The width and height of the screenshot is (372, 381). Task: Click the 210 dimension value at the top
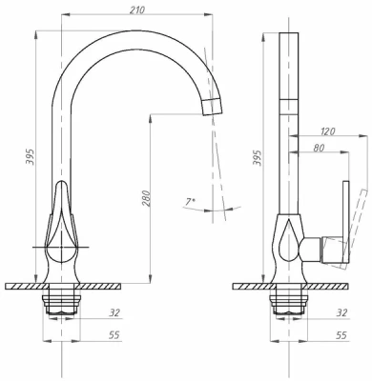pyautogui.click(x=137, y=10)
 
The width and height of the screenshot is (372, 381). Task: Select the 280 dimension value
pyautogui.click(x=146, y=198)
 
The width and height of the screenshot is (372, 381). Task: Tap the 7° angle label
pyautogui.click(x=191, y=202)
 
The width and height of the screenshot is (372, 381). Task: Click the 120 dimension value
pyautogui.click(x=328, y=131)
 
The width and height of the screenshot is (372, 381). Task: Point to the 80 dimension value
pyautogui.click(x=319, y=148)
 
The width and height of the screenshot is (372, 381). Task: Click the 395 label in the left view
pyautogui.click(x=31, y=156)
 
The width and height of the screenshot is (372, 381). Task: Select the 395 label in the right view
pyautogui.click(x=258, y=157)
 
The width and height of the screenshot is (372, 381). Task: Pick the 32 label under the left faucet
pyautogui.click(x=114, y=312)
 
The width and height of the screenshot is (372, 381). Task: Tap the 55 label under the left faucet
pyautogui.click(x=114, y=335)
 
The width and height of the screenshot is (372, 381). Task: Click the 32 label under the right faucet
pyautogui.click(x=341, y=312)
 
